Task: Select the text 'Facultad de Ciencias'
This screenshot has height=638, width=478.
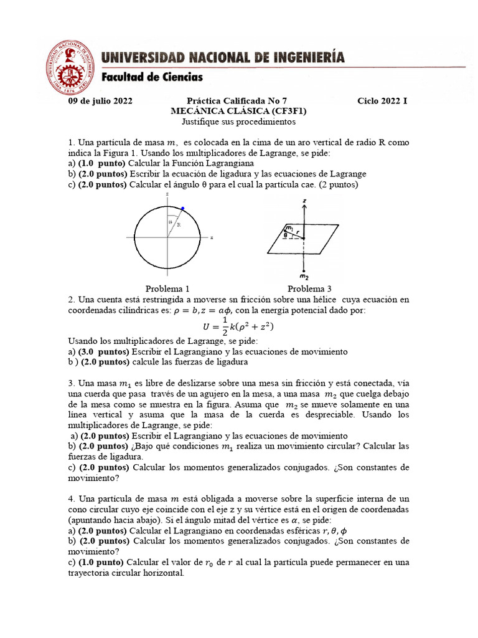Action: point(152,78)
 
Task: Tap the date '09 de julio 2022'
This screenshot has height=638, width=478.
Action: point(100,100)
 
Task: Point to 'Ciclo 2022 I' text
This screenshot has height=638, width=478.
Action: point(383,100)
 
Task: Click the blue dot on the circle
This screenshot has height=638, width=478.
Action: point(182,208)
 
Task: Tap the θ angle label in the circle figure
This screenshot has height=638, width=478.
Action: point(170,222)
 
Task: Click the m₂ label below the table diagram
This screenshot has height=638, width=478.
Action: point(304,275)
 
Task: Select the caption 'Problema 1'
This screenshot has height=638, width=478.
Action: point(167,288)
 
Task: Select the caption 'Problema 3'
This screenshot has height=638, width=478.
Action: point(309,288)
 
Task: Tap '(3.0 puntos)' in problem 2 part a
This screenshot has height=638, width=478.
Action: point(103,352)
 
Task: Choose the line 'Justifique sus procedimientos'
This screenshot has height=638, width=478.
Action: point(239,121)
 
